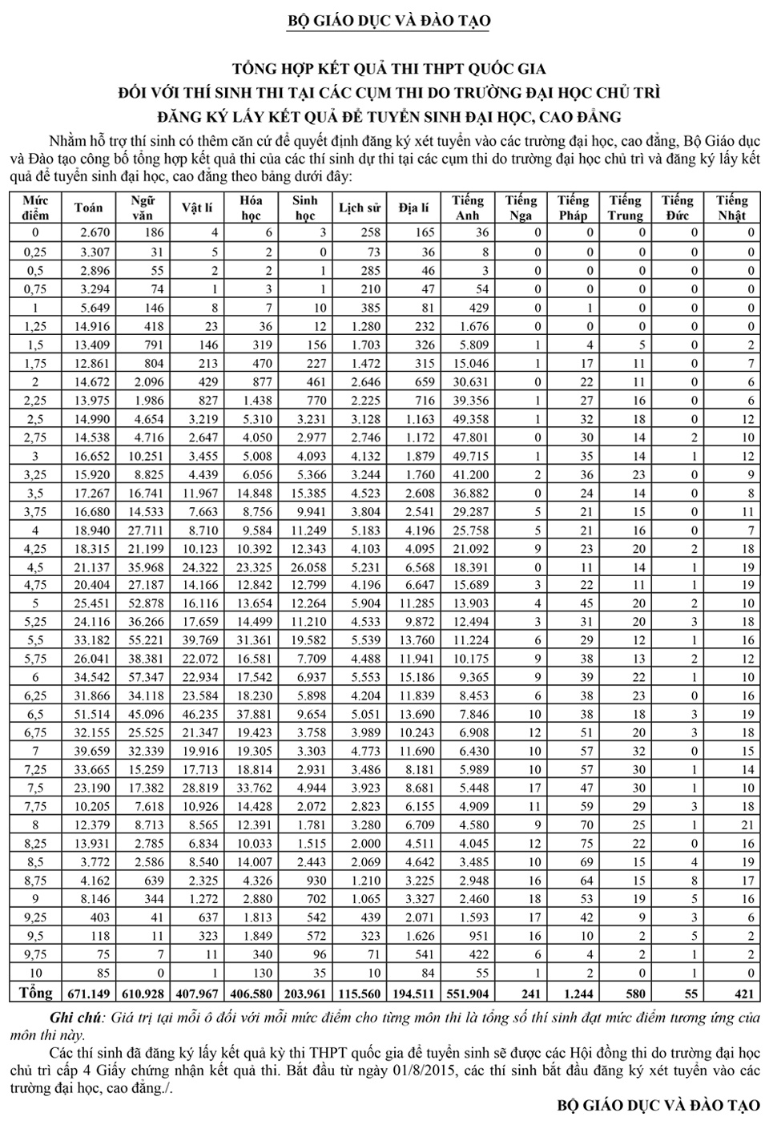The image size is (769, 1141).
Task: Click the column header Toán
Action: tap(88, 208)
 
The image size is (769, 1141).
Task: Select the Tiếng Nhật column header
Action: tap(731, 208)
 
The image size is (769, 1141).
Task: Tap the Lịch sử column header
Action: tap(360, 208)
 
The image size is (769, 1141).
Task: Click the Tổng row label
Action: tap(35, 993)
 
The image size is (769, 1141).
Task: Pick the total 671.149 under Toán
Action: tap(89, 994)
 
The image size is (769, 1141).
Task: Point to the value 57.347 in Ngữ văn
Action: tap(144, 678)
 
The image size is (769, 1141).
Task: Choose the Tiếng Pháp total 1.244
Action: tap(573, 994)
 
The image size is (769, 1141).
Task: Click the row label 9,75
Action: tap(35, 954)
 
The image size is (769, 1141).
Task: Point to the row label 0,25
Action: tap(35, 252)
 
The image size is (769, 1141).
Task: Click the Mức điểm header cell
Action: tap(35, 208)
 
